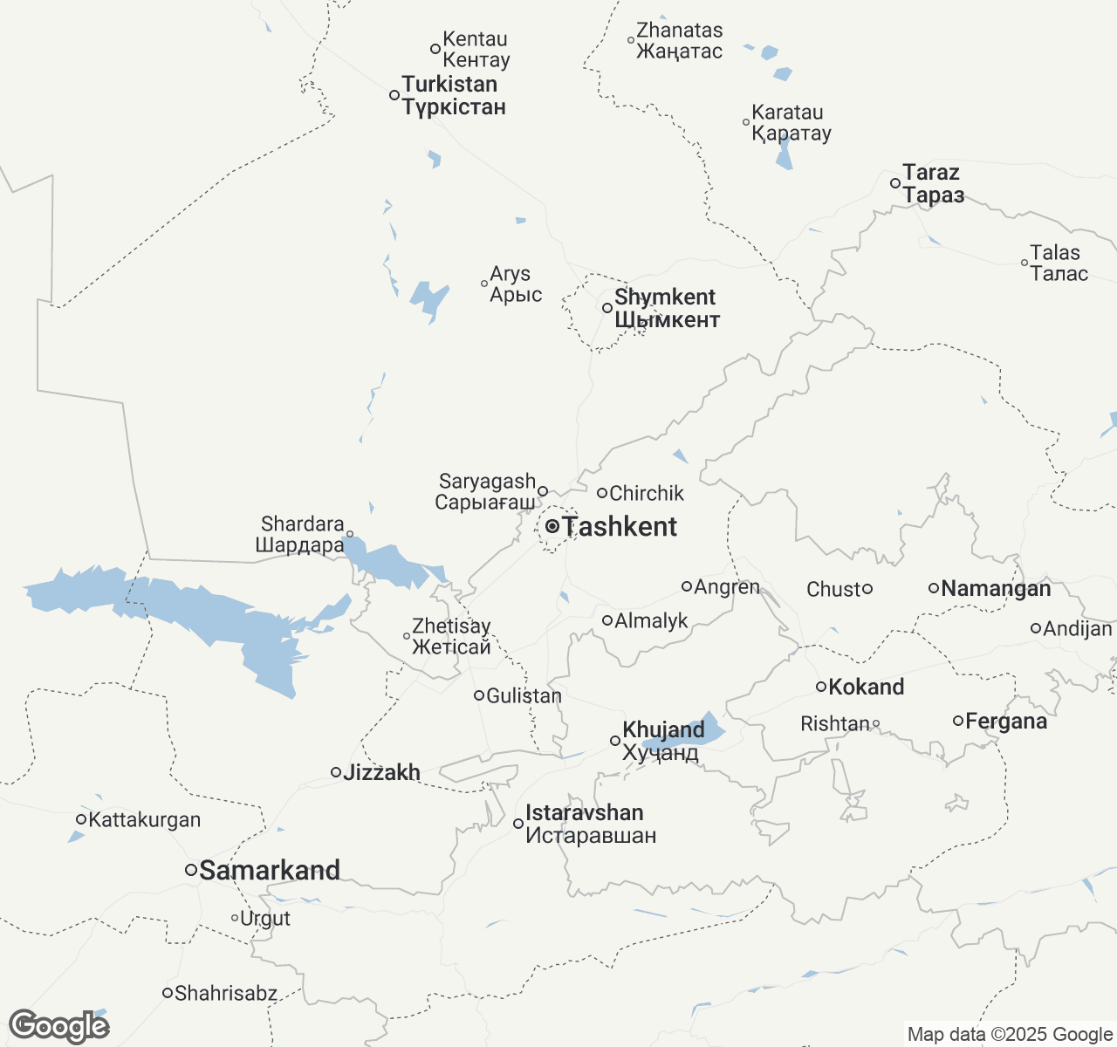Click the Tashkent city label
pyautogui.click(x=620, y=527)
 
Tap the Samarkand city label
pyautogui.click(x=270, y=870)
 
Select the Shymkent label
pyautogui.click(x=667, y=308)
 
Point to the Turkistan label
pyautogui.click(x=453, y=96)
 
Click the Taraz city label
pyautogui.click(x=933, y=183)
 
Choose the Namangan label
pyautogui.click(x=996, y=589)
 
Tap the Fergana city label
pyautogui.click(x=1006, y=722)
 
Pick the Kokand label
pyautogui.click(x=866, y=688)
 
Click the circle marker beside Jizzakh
pyautogui.click(x=336, y=772)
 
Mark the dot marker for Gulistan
pyautogui.click(x=479, y=695)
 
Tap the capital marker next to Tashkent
pyautogui.click(x=552, y=526)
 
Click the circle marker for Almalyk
pyautogui.click(x=607, y=620)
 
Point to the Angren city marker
pyautogui.click(x=687, y=586)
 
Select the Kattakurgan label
pyautogui.click(x=145, y=820)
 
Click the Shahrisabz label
pyautogui.click(x=226, y=993)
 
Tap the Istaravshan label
pyautogui.click(x=590, y=824)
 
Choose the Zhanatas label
pyautogui.click(x=680, y=41)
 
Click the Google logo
pyautogui.click(x=58, y=1026)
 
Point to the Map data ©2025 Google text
pyautogui.click(x=1010, y=1035)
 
